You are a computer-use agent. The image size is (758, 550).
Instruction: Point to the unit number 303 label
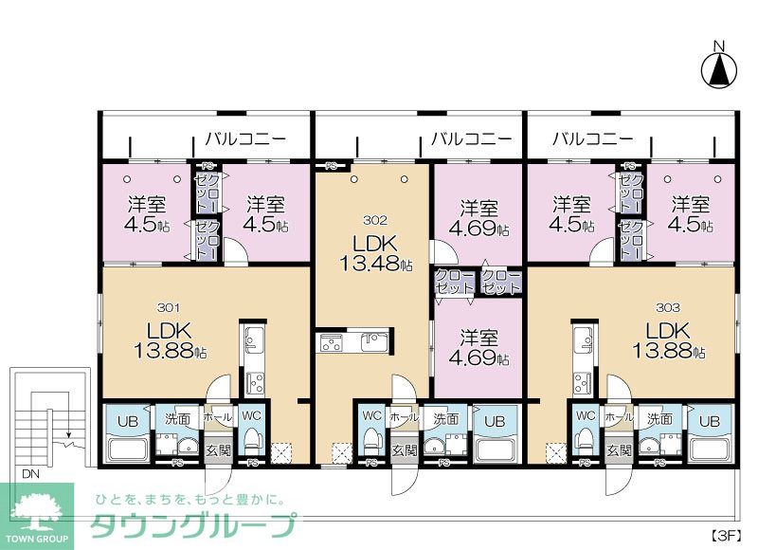668,307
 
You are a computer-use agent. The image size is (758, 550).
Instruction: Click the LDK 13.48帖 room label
373,251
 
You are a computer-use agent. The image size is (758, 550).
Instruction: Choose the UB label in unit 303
709,418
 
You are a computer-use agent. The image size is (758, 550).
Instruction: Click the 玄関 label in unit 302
405,449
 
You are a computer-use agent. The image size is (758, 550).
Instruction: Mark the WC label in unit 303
586,415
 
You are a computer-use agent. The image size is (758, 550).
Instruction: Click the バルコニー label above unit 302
471,138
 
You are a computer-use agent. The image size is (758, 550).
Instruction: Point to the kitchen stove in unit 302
333,344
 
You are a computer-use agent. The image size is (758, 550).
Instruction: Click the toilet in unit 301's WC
253,441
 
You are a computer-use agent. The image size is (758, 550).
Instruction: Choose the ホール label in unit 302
404,417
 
